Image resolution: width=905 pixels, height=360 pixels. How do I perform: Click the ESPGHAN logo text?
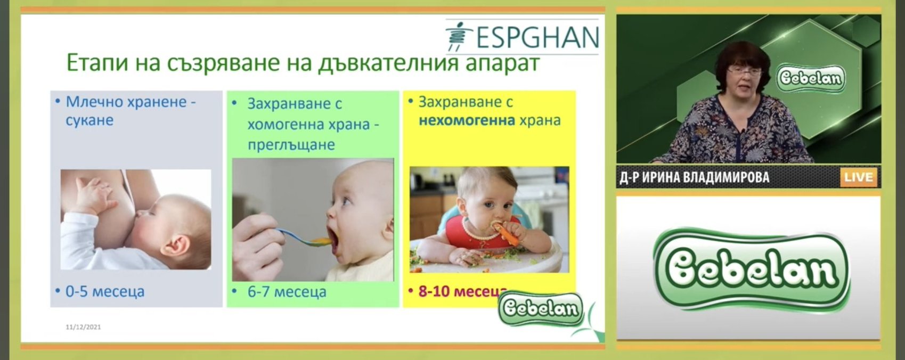537,38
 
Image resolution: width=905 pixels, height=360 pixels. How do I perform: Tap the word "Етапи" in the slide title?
97,63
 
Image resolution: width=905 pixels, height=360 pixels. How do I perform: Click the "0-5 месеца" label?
105,291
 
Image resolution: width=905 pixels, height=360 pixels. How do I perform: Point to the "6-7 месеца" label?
287,291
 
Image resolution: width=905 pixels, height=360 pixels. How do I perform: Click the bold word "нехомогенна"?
467,120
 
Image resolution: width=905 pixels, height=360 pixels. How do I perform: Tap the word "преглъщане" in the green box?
291,145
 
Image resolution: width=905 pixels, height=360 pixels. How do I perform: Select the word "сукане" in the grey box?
89,121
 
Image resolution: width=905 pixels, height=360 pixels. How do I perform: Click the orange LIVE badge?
859,177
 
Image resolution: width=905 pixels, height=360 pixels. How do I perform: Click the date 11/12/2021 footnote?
83,327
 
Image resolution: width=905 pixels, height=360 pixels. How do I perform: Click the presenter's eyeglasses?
744,72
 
